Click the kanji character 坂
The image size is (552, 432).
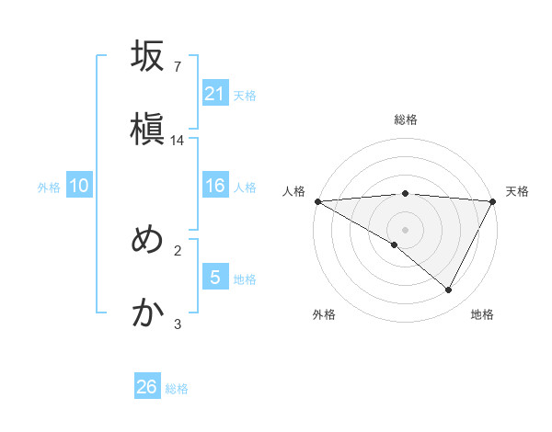147,57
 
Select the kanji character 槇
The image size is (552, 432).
147,129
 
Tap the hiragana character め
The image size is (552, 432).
147,241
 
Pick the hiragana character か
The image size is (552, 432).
147,313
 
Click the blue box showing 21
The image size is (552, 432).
215,94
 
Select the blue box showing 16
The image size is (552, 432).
215,187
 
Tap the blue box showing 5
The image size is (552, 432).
215,278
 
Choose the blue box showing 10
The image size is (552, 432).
79,187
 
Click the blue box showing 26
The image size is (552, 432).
147,387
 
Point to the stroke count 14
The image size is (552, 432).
178,141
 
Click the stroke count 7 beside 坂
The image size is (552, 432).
177,67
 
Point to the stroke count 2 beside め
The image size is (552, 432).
178,250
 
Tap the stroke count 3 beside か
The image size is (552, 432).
178,324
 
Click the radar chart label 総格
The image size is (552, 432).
406,119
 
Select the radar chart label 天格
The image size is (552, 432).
518,191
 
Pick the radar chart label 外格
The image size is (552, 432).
324,314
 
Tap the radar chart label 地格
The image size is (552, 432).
482,314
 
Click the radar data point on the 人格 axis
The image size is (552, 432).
317,200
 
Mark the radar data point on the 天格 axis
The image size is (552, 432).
493,200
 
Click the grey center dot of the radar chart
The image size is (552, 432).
406,229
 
